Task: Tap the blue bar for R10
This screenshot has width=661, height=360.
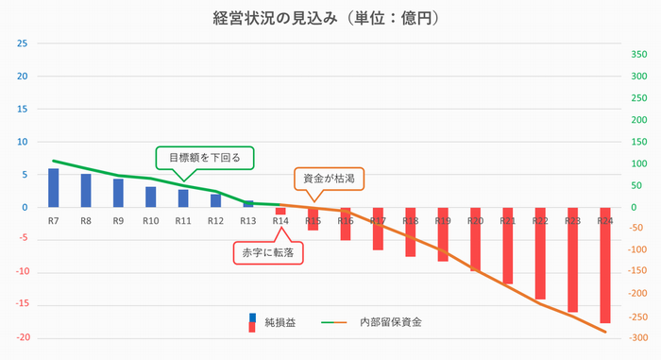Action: click(x=151, y=197)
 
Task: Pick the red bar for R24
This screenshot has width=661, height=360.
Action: click(x=604, y=266)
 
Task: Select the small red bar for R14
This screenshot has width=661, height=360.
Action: click(x=280, y=211)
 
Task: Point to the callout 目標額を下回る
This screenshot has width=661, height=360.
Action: click(x=205, y=158)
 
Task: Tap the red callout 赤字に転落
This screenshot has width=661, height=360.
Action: click(x=268, y=252)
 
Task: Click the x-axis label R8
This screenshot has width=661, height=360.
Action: click(x=86, y=220)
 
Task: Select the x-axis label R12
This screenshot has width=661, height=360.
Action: click(x=215, y=220)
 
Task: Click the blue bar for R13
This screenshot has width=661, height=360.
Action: click(x=248, y=204)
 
